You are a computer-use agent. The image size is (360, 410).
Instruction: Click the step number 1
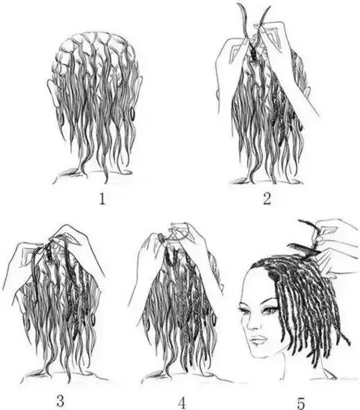pos(102,200)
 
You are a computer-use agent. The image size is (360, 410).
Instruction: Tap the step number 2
pos(266,199)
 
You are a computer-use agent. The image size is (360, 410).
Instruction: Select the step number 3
pos(60,401)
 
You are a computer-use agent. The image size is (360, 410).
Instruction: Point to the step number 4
pos(182,403)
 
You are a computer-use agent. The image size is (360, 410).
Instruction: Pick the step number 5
pos(301,403)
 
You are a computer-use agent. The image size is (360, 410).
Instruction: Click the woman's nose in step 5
pos(251,324)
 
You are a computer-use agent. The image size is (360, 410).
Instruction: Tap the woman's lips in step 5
pos(259,339)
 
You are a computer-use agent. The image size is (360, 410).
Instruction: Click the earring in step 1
pos(132,113)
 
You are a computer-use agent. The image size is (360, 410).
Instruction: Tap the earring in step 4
pos(215,318)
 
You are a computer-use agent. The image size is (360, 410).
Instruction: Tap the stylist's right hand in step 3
pos(78,249)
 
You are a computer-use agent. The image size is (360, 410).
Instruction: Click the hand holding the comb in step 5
pos(337,233)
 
